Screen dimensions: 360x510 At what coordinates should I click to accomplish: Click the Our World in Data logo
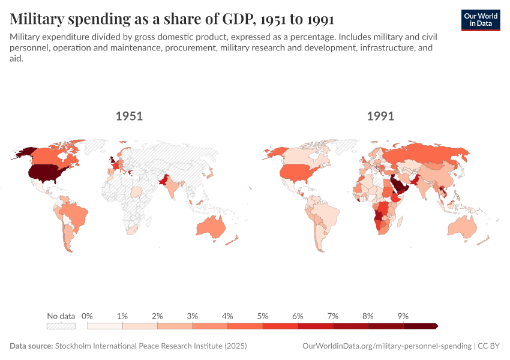(x=481, y=20)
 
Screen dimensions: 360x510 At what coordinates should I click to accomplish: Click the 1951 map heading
(x=129, y=116)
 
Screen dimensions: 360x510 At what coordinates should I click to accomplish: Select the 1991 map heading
(x=380, y=116)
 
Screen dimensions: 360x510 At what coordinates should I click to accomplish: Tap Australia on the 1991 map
(x=461, y=227)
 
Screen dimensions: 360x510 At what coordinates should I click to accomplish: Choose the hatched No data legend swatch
(x=61, y=326)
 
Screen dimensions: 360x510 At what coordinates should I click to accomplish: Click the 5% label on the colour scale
(x=263, y=316)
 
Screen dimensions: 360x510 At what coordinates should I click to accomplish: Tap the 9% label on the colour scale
(x=403, y=316)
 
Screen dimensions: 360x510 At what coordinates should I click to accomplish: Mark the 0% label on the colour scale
(x=88, y=316)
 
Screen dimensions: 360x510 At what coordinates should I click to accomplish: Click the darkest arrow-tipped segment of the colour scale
(x=421, y=326)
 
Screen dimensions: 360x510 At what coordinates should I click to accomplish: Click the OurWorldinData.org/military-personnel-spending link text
(x=386, y=346)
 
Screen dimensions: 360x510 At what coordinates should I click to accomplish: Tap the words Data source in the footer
(x=31, y=346)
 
